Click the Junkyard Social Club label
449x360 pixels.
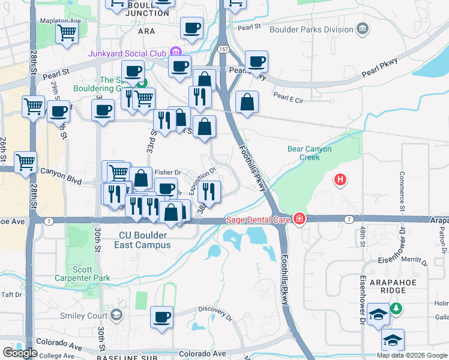pyautogui.click(x=127, y=52)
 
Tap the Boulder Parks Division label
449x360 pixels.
pyautogui.click(x=312, y=28)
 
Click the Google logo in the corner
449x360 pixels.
pyautogui.click(x=20, y=353)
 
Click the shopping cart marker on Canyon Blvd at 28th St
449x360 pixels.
pyautogui.click(x=26, y=161)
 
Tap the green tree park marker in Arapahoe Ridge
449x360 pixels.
pyautogui.click(x=396, y=308)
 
